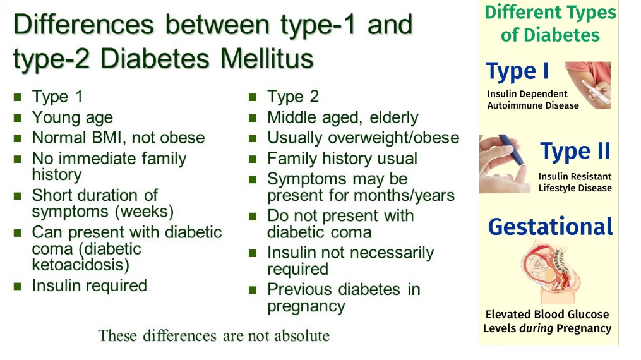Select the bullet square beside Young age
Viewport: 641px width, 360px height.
click(18, 118)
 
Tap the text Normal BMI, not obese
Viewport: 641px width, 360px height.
click(118, 138)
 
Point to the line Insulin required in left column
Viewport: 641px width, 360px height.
click(89, 285)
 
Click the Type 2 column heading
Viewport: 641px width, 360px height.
click(292, 97)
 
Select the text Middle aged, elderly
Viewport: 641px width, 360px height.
click(342, 117)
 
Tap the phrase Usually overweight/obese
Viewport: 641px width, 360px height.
click(363, 138)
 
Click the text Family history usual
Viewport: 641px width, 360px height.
click(342, 159)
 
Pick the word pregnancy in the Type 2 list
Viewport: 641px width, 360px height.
click(306, 306)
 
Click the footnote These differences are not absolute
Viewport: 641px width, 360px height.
click(214, 335)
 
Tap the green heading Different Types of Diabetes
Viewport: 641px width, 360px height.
click(550, 23)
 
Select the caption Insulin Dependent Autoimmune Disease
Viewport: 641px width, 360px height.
click(532, 100)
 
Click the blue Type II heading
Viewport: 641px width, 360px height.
click(575, 152)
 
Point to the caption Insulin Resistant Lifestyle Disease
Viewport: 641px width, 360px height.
click(575, 182)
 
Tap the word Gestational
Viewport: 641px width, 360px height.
click(550, 226)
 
